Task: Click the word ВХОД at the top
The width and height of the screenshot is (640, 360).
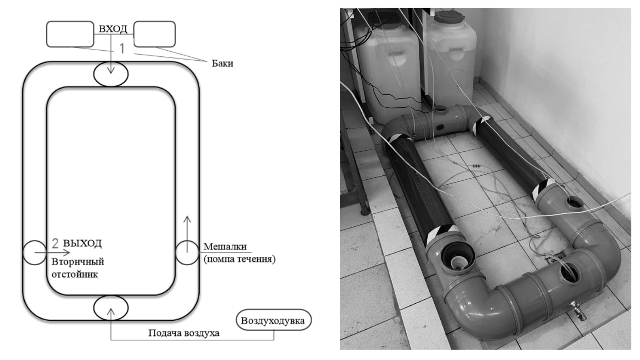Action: [113, 29]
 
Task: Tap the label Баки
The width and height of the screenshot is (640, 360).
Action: [222, 64]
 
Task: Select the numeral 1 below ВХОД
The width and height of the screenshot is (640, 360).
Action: [122, 49]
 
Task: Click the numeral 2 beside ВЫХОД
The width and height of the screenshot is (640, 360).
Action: [55, 243]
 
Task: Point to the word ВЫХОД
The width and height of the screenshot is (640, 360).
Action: [83, 243]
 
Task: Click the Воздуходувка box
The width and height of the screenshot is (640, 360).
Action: [273, 321]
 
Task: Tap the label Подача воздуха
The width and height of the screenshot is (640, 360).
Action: [184, 333]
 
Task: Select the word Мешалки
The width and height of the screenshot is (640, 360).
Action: [225, 247]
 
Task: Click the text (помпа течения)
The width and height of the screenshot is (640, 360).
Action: [239, 259]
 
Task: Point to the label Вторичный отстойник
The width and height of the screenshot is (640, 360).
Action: [77, 268]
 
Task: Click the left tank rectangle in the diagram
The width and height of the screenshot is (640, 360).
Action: [70, 34]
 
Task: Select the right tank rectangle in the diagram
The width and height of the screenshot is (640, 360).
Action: [154, 34]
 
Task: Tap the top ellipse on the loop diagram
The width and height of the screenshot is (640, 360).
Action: [111, 74]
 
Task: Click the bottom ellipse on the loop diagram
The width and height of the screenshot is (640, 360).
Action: [111, 308]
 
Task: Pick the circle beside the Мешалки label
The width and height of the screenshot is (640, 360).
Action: [187, 253]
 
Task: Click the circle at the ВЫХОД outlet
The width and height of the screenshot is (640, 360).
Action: [34, 253]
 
